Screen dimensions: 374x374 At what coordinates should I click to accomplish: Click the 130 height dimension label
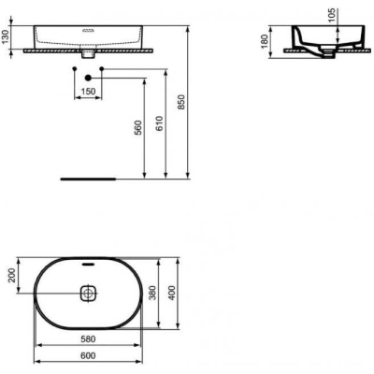coord(6,37)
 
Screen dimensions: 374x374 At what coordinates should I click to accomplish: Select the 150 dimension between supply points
coord(88,92)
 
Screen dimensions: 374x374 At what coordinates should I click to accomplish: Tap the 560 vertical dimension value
coord(138,127)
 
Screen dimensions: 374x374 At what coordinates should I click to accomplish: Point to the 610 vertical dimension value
coord(159,123)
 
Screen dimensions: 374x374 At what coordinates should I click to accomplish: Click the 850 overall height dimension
coord(181,102)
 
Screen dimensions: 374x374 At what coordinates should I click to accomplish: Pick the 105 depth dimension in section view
coord(332,15)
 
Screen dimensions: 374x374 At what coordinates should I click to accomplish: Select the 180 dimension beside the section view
coord(265,41)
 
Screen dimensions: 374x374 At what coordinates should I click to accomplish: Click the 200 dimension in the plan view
coord(11,275)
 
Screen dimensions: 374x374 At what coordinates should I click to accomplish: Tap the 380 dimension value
coord(152,293)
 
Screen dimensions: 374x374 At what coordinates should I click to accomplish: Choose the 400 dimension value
coord(172,293)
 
